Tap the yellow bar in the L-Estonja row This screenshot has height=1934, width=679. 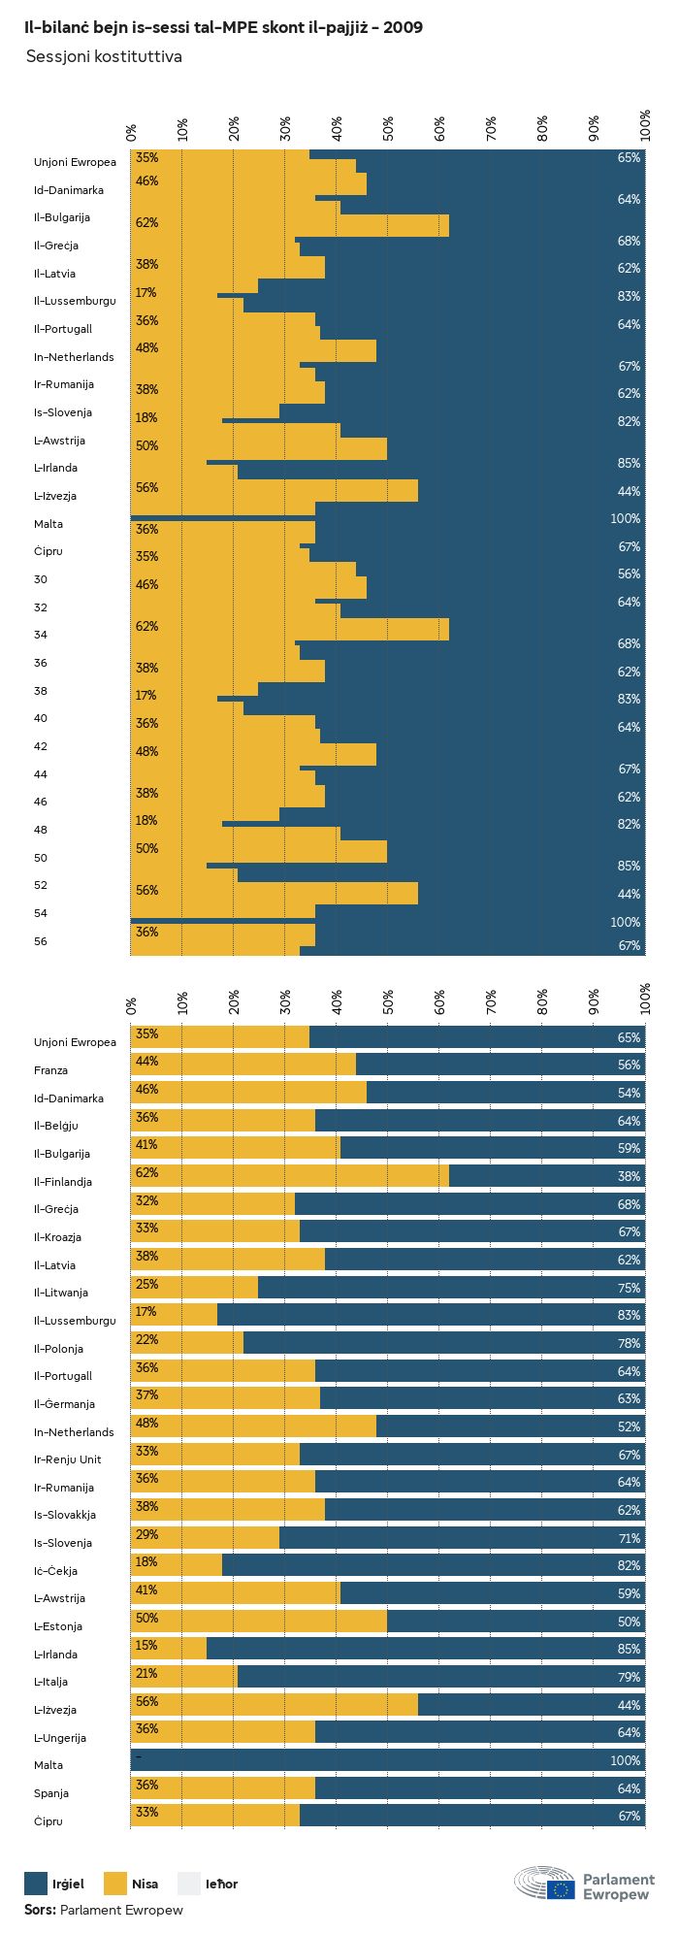click(259, 1621)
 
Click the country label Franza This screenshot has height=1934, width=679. click(51, 1070)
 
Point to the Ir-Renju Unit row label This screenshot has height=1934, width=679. click(68, 1459)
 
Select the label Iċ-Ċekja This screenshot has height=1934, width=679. click(56, 1571)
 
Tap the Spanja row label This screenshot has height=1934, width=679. click(51, 1793)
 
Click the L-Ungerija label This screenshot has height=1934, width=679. click(60, 1738)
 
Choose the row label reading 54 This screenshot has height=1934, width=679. click(41, 913)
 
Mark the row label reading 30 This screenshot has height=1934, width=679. click(41, 579)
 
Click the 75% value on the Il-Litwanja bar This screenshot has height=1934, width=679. click(629, 1288)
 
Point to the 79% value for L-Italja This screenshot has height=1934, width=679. click(629, 1677)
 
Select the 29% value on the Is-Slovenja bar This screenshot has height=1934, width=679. click(146, 1534)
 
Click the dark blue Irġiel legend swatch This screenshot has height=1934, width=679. click(36, 1884)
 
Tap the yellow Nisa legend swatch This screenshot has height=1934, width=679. click(115, 1884)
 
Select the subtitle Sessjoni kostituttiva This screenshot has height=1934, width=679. click(104, 57)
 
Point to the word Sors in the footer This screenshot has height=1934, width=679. click(40, 1910)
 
